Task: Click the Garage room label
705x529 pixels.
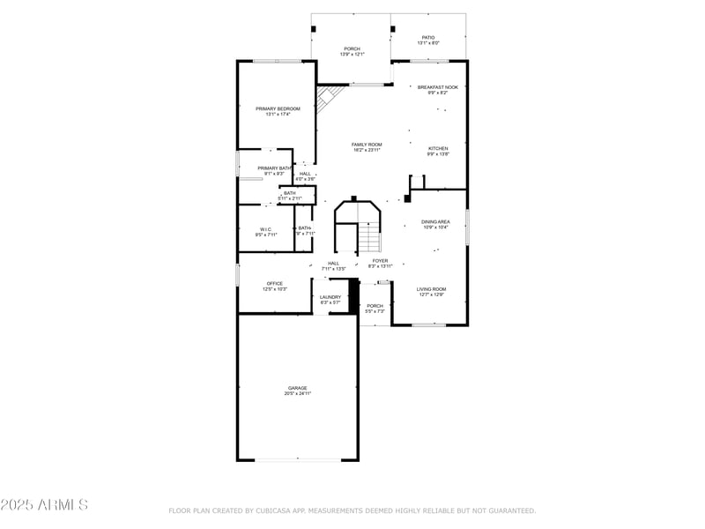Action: pyautogui.click(x=297, y=388)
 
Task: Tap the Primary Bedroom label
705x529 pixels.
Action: pyautogui.click(x=278, y=108)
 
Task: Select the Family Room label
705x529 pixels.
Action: pyautogui.click(x=367, y=145)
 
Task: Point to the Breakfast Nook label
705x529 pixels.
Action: pyautogui.click(x=438, y=87)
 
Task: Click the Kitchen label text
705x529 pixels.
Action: pyautogui.click(x=438, y=148)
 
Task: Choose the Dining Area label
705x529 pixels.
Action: pyautogui.click(x=434, y=221)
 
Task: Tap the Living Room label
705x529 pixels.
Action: pyautogui.click(x=432, y=289)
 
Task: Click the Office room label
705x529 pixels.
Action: pyautogui.click(x=275, y=283)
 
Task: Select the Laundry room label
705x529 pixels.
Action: pyautogui.click(x=330, y=297)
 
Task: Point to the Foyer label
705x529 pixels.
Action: pyautogui.click(x=380, y=261)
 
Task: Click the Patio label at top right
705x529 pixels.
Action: pyautogui.click(x=427, y=38)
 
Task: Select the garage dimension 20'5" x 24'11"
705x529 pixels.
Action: pyautogui.click(x=297, y=394)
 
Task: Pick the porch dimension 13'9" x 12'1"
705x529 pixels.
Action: pyautogui.click(x=352, y=55)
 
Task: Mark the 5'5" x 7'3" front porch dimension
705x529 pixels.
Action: pyautogui.click(x=375, y=312)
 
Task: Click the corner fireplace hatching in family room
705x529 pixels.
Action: pyautogui.click(x=329, y=98)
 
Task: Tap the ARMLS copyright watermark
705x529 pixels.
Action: pyautogui.click(x=44, y=505)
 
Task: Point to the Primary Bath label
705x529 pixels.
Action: pyautogui.click(x=274, y=168)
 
